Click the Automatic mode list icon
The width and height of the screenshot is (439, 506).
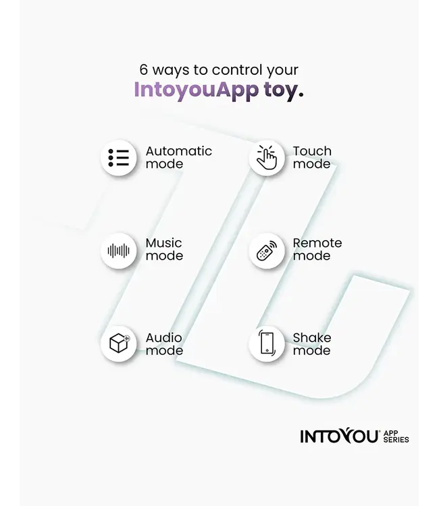pos(119,158)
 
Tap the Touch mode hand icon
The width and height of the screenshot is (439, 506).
pos(267,157)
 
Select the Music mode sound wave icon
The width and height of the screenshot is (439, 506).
pos(119,251)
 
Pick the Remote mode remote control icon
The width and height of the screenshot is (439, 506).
pos(267,251)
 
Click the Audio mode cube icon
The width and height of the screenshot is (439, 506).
pos(120,343)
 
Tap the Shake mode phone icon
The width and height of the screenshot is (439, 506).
pos(267,343)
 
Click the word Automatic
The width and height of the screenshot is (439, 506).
pos(178,151)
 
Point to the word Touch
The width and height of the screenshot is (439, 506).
pos(312,151)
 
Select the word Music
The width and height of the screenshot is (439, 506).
pos(163,243)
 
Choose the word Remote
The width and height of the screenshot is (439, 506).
pos(317,243)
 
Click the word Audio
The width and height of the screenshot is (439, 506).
pos(163,338)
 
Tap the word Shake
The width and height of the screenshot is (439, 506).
pos(312,338)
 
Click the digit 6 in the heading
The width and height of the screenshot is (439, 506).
pos(143,69)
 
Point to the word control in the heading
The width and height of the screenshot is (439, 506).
pos(237,69)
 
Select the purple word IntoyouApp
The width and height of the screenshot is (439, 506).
pos(197,90)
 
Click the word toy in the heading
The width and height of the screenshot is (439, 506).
pos(281,90)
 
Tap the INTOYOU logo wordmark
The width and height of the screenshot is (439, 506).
pos(339,437)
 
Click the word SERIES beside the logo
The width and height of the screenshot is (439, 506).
pos(396,439)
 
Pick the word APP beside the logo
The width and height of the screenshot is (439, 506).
pos(390,432)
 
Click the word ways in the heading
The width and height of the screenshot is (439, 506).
pos(171,71)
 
